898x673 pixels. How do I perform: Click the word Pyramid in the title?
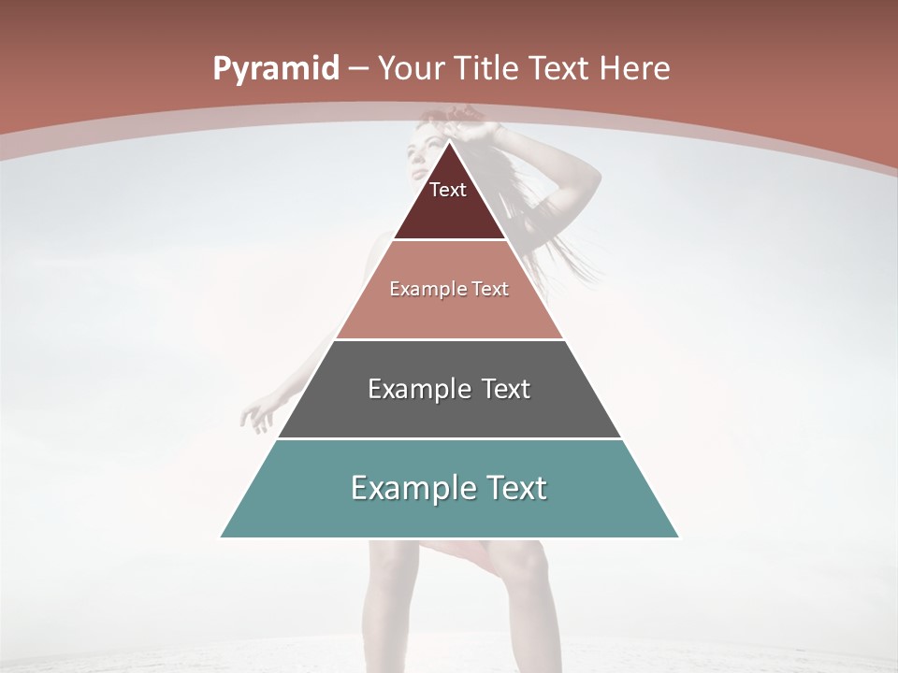pos(275,69)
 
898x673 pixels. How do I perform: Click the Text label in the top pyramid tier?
pos(448,190)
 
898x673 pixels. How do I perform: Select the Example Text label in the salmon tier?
pos(449,289)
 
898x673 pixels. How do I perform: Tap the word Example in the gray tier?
pos(416,389)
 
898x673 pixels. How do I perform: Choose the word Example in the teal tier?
pos(408,488)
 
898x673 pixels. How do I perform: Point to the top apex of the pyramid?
pos(450,141)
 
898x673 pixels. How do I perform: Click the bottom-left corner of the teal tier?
pos(222,537)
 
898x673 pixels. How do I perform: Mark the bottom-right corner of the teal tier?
pos(678,537)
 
